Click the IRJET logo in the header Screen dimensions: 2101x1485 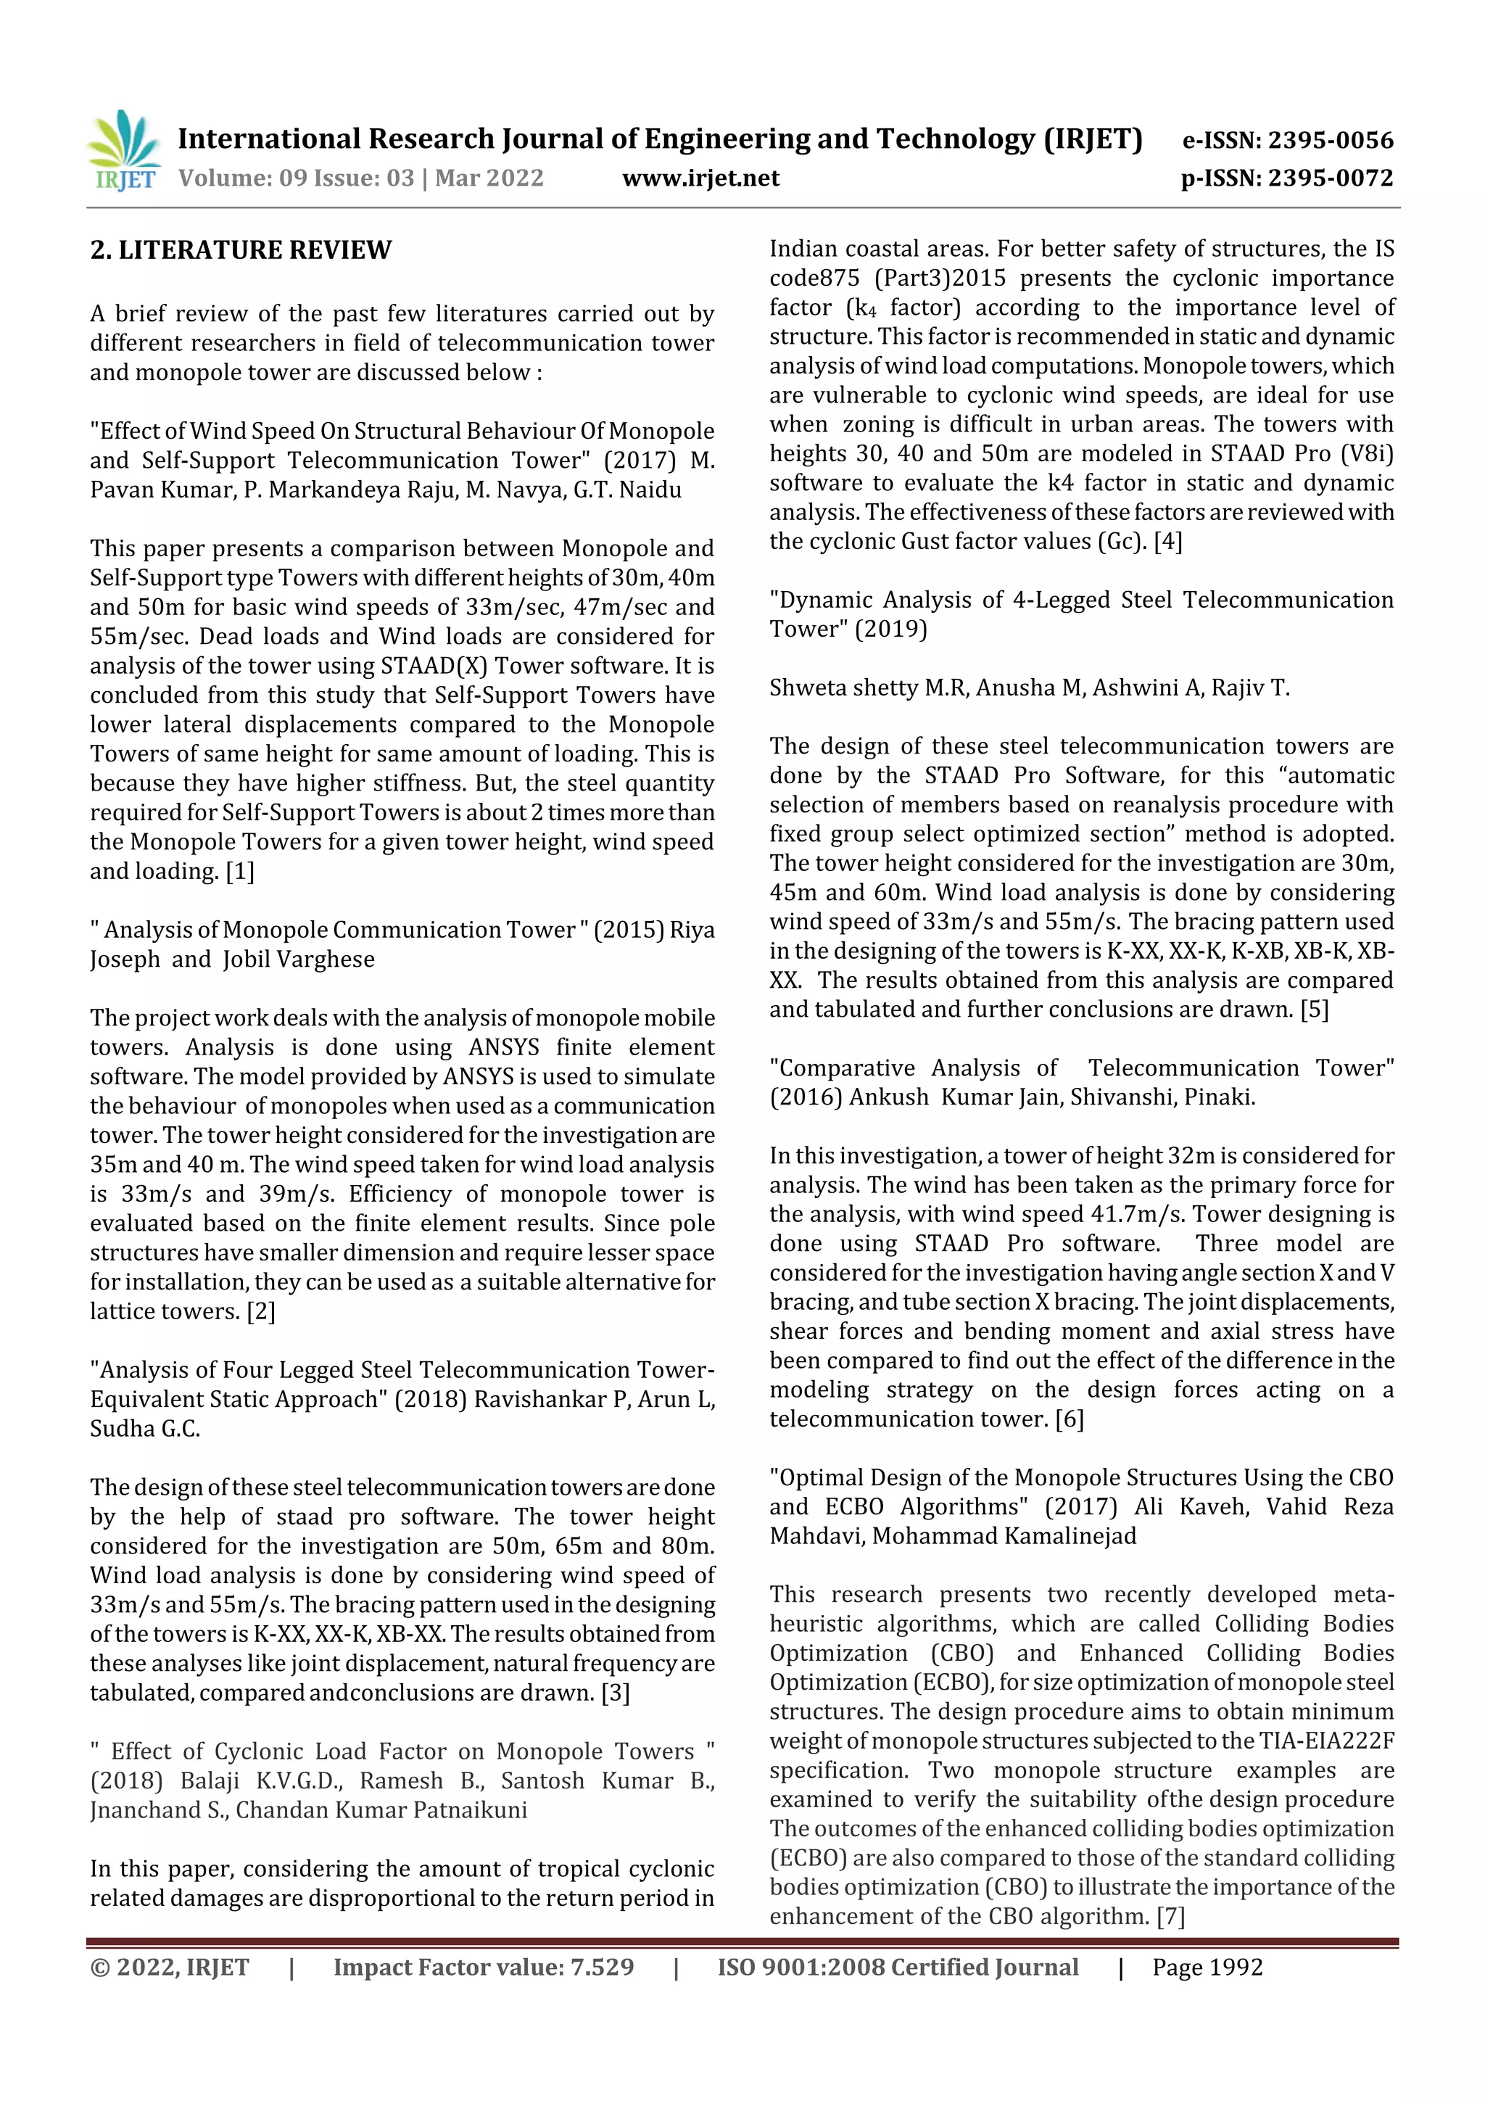[x=125, y=149]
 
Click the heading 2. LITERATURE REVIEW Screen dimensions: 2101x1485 [x=241, y=249]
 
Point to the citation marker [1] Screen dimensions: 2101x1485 [x=240, y=871]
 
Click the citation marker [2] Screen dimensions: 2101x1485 [x=261, y=1311]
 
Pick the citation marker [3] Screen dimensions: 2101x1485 [x=615, y=1692]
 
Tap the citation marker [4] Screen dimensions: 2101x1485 [x=1167, y=541]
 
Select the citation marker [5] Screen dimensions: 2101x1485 [x=1314, y=1010]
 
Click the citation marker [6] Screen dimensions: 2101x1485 [x=1069, y=1419]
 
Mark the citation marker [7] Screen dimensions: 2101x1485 [x=1170, y=1916]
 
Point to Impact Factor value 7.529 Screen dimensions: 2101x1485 [x=483, y=1968]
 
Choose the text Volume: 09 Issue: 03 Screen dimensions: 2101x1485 [x=296, y=178]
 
